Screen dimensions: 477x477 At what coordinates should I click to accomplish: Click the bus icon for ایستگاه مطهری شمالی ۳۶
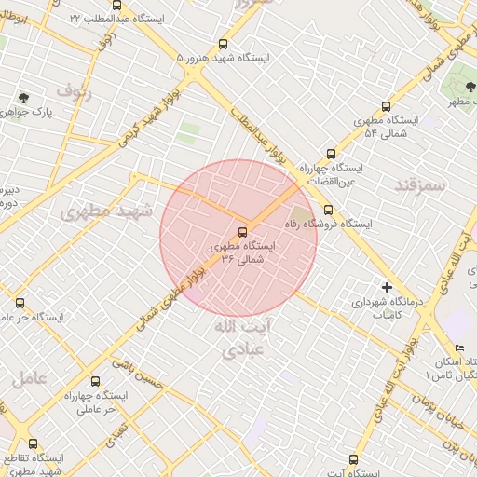click(242, 231)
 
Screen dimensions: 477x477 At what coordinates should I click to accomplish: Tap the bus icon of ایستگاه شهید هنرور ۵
click(222, 44)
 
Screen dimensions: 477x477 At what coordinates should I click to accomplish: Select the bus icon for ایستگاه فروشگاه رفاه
click(327, 210)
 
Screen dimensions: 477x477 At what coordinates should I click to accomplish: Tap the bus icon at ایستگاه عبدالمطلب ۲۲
click(116, 5)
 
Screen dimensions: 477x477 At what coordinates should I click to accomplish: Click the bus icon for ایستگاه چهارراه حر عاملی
click(95, 380)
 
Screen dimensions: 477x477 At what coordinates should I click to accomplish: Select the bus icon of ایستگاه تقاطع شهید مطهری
click(34, 444)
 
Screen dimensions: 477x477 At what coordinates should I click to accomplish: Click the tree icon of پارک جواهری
click(22, 96)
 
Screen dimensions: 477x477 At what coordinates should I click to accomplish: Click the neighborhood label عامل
click(30, 378)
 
